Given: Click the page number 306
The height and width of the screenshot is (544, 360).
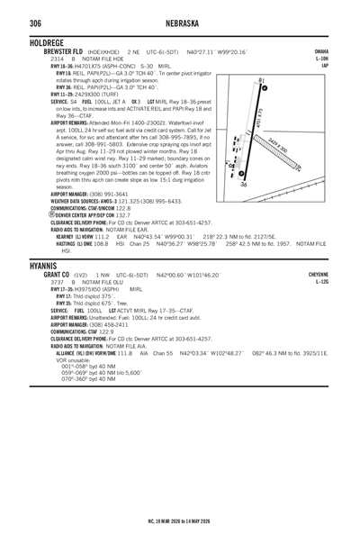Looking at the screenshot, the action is click(14, 23).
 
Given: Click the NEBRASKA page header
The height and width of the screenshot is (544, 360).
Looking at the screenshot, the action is click(180, 23).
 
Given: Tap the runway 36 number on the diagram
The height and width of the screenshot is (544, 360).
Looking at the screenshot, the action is click(244, 184).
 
